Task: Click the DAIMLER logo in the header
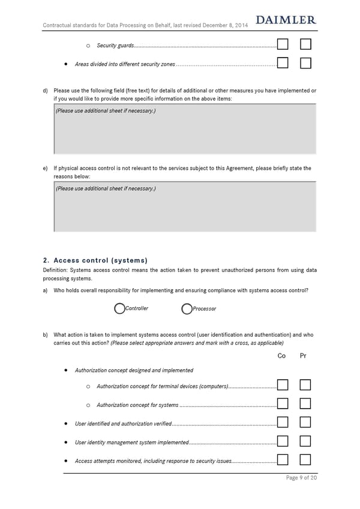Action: pyautogui.click(x=286, y=20)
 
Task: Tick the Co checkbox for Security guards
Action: pyautogui.click(x=283, y=44)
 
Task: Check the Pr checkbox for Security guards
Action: pyautogui.click(x=305, y=44)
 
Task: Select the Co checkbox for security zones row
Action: pyautogui.click(x=283, y=63)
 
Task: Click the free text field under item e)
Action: pyautogui.click(x=185, y=207)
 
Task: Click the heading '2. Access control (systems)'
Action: pyautogui.click(x=95, y=261)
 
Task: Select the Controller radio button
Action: pyautogui.click(x=119, y=309)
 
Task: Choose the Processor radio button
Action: pyautogui.click(x=187, y=309)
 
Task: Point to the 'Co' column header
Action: pyautogui.click(x=282, y=356)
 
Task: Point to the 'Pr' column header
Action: pyautogui.click(x=303, y=356)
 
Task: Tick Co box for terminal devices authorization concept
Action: pyautogui.click(x=283, y=385)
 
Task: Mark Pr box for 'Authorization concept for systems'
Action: pyautogui.click(x=305, y=403)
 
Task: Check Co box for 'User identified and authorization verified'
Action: pyautogui.click(x=283, y=423)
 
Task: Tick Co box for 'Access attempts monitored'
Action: pyautogui.click(x=283, y=460)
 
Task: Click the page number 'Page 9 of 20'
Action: pyautogui.click(x=301, y=478)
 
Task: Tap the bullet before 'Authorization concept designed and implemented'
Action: pyautogui.click(x=65, y=370)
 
